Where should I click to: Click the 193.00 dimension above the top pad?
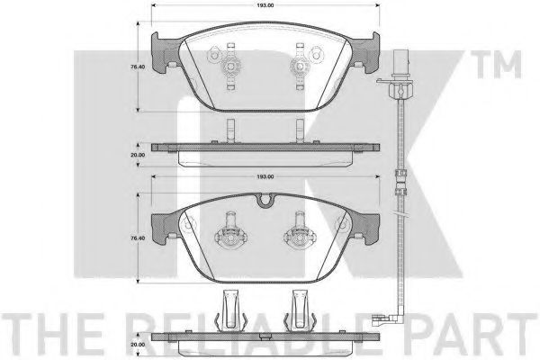coord(265,5)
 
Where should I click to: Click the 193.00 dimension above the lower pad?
coord(265,176)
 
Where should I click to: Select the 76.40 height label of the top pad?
coord(138,67)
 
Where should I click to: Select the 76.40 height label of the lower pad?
coord(138,238)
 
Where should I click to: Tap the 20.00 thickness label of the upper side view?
coord(138,155)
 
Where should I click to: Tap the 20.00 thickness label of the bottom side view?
coord(138,345)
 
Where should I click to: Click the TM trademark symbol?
coord(496,65)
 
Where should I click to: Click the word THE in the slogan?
coord(51,334)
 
